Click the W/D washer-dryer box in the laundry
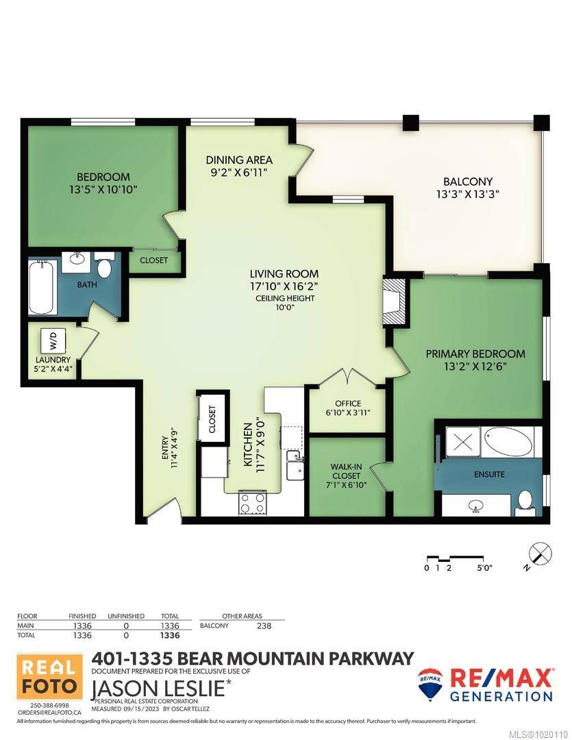[x=53, y=340]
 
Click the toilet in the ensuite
[x=525, y=501]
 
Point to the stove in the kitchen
[x=248, y=503]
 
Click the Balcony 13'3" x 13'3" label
[x=468, y=187]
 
